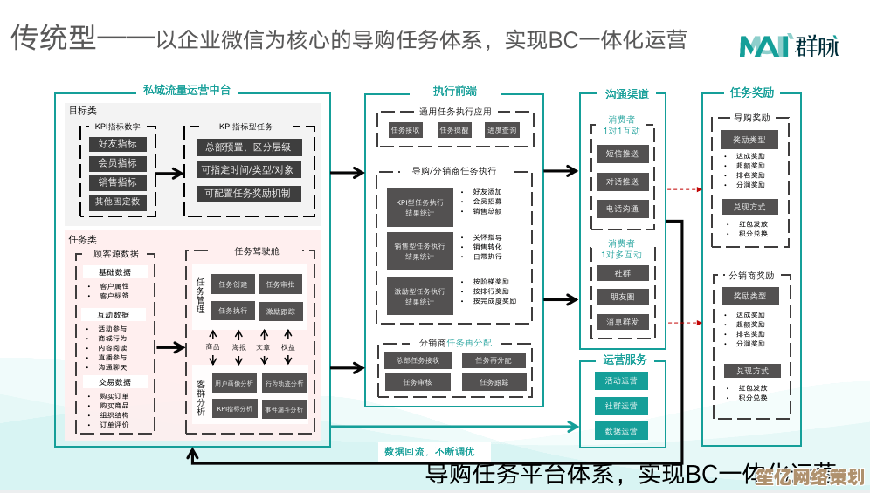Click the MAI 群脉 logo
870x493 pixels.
788,45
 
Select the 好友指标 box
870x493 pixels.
116,144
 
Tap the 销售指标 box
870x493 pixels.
116,182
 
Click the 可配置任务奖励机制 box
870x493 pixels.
247,194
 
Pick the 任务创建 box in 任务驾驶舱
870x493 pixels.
232,284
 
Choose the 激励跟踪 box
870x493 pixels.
280,312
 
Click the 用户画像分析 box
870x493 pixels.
234,383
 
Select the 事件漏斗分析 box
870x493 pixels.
284,409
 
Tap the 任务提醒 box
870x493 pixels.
453,130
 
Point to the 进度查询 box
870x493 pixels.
501,130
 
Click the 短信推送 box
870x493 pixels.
622,154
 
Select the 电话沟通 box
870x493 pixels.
622,209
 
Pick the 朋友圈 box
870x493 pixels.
622,297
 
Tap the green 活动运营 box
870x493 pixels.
621,380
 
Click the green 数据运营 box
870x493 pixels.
621,431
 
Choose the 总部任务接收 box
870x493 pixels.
418,360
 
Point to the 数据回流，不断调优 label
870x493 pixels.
429,452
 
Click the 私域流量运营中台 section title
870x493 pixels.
187,90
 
